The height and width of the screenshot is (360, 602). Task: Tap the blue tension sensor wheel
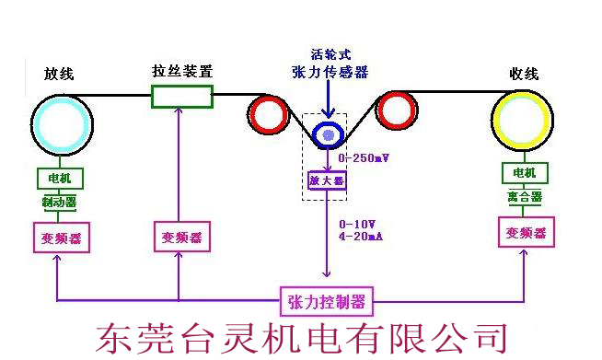click(x=327, y=134)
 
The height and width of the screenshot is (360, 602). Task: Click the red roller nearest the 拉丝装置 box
click(x=269, y=115)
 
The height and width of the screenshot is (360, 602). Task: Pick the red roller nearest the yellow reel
click(x=397, y=111)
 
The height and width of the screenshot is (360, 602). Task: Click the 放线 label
click(x=60, y=75)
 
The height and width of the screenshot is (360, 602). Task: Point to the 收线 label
click(x=523, y=75)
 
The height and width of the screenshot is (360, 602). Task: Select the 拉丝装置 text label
click(x=181, y=70)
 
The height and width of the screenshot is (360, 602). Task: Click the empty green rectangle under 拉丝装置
click(x=181, y=96)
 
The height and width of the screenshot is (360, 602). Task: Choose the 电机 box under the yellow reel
click(x=525, y=172)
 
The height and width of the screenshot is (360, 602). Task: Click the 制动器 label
click(x=59, y=201)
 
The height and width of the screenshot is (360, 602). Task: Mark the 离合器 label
click(x=525, y=197)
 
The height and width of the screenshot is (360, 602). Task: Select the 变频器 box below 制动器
click(x=61, y=238)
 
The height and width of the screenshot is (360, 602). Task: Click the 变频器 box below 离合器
click(x=526, y=233)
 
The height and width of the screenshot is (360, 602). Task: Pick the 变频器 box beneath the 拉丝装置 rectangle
click(x=180, y=237)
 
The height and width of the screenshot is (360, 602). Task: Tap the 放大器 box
click(x=326, y=180)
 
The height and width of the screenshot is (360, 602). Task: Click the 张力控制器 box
click(x=326, y=300)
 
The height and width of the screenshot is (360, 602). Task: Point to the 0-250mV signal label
click(x=364, y=158)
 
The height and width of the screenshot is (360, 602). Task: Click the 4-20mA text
click(x=361, y=236)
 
